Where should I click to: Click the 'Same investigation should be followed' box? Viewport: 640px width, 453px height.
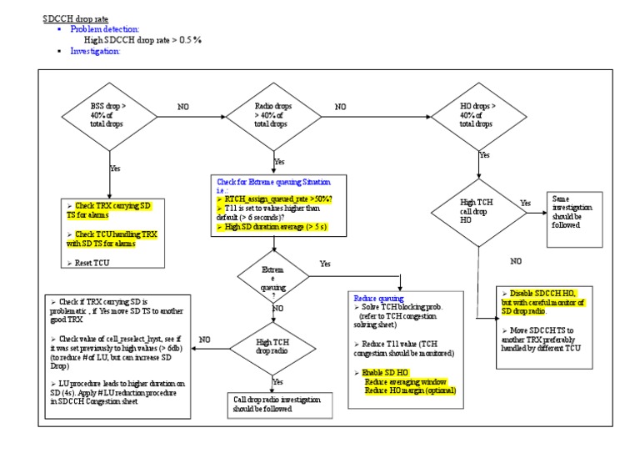point(574,216)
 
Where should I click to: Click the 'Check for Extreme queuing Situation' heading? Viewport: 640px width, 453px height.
point(272,181)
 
